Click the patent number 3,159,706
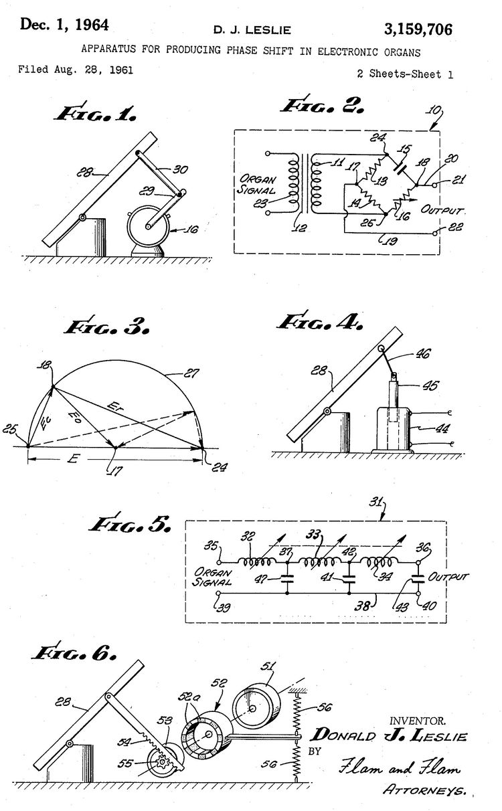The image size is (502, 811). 418,28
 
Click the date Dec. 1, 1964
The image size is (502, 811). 64,25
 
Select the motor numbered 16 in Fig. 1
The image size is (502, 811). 147,228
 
